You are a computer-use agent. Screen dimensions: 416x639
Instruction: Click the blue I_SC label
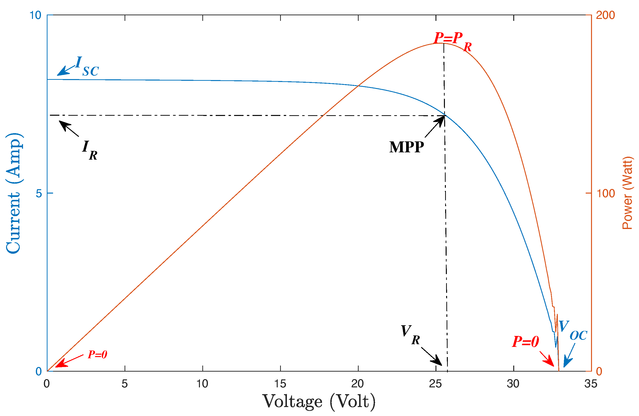pyautogui.click(x=87, y=66)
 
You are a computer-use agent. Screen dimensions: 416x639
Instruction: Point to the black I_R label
pyautogui.click(x=89, y=150)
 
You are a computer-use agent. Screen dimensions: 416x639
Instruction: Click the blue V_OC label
pyautogui.click(x=572, y=330)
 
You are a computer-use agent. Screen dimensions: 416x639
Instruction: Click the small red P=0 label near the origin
pyautogui.click(x=97, y=355)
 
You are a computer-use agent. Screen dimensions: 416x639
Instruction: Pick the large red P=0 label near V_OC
pyautogui.click(x=525, y=342)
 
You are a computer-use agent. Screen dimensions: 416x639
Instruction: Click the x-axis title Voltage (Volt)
pyautogui.click(x=319, y=402)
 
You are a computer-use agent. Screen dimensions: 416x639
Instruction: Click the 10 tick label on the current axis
pyautogui.click(x=35, y=15)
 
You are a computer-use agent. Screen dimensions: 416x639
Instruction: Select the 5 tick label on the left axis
pyautogui.click(x=39, y=193)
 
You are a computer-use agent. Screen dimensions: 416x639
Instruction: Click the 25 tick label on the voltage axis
pyautogui.click(x=435, y=384)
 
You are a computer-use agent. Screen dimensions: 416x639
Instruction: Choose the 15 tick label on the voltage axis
pyautogui.click(x=280, y=384)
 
